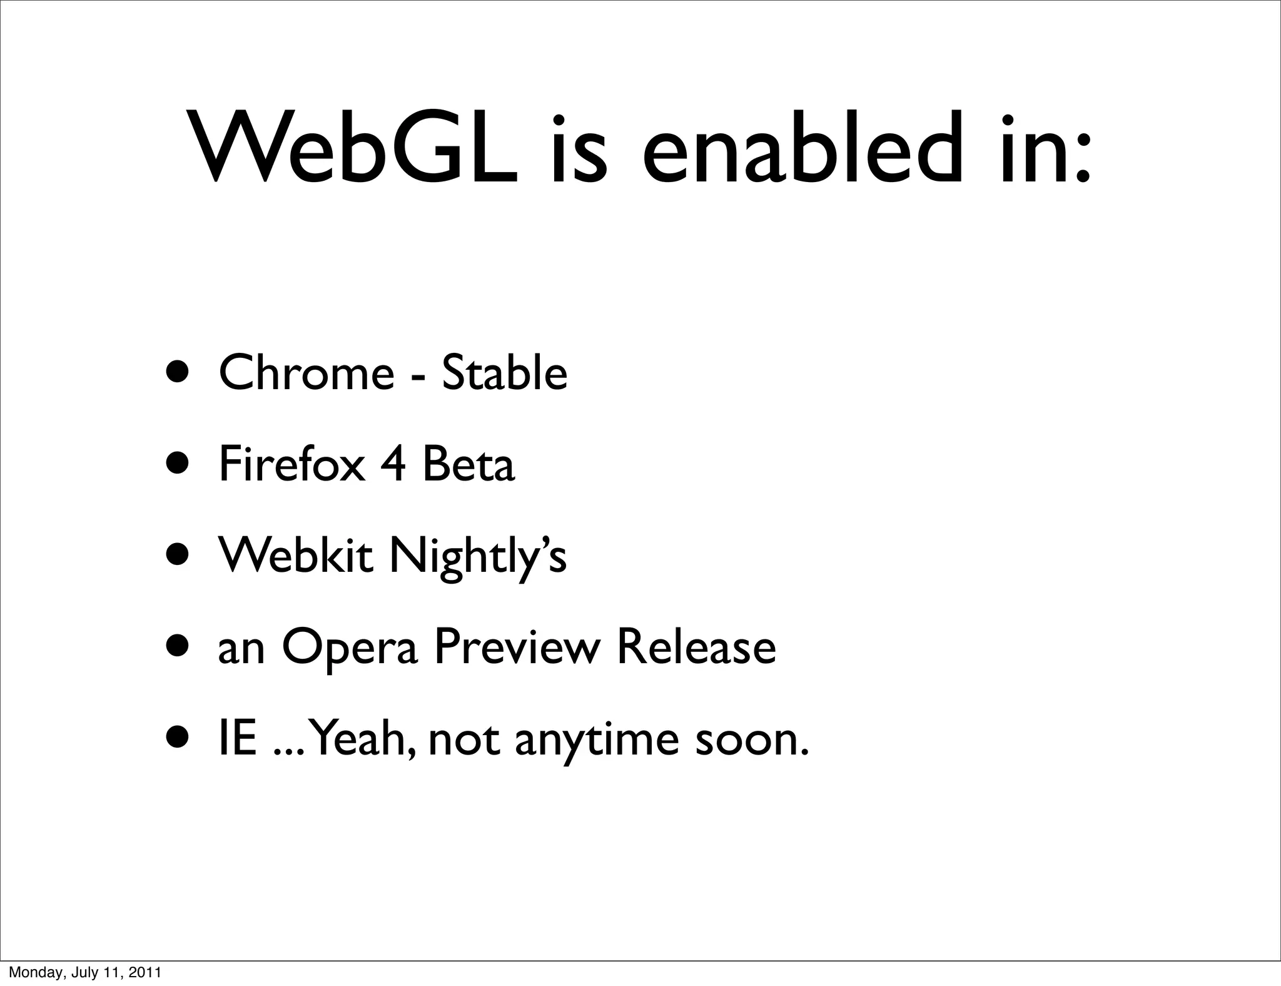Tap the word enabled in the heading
coord(801,149)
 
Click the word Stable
coord(504,373)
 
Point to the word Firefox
coord(291,464)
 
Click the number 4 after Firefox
coord(393,464)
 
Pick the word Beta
coord(468,464)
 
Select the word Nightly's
coord(478,557)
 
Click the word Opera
coord(349,648)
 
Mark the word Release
coord(696,647)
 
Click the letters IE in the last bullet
coord(238,738)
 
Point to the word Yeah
coord(362,738)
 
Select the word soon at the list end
coord(752,739)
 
